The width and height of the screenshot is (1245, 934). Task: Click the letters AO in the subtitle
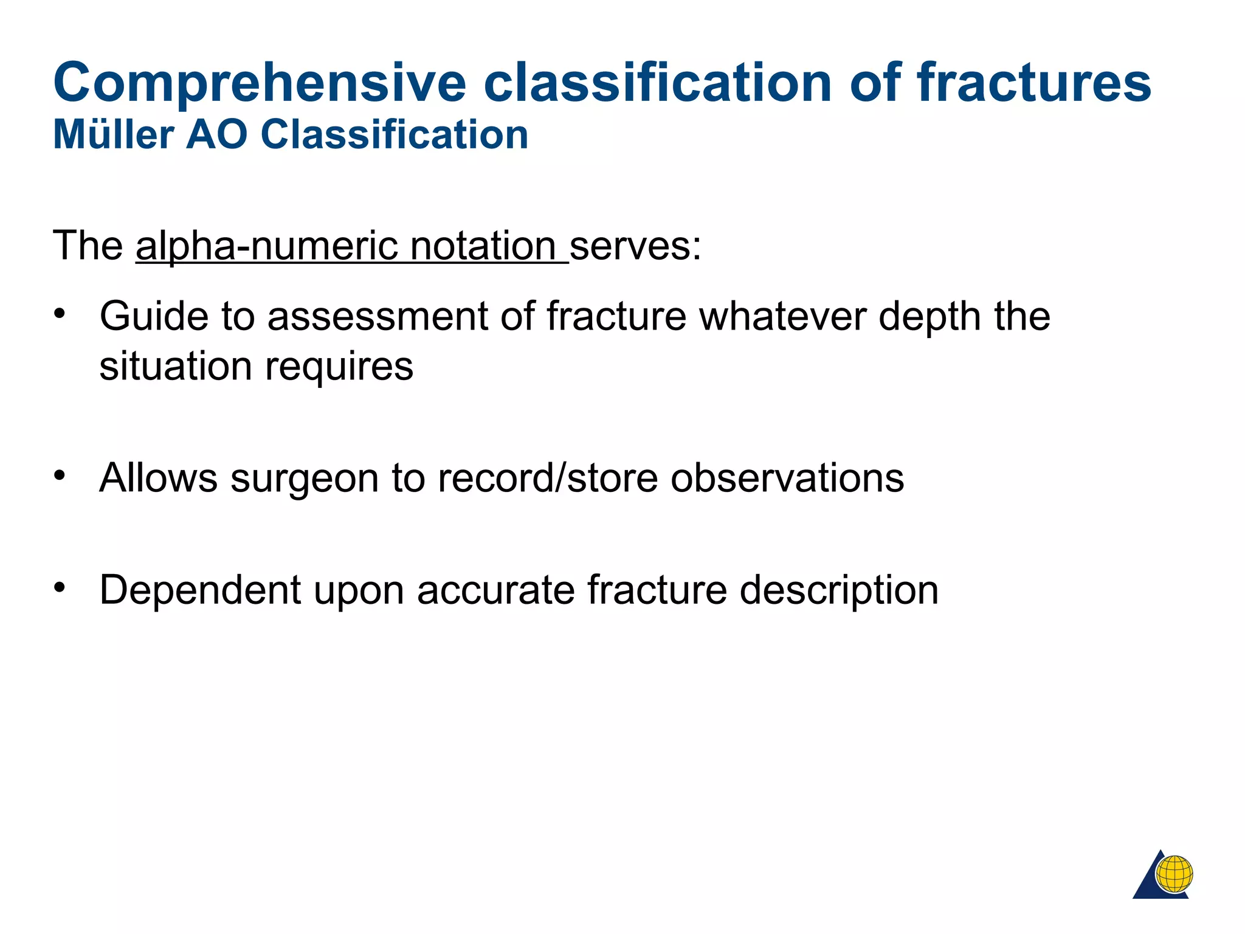tap(216, 134)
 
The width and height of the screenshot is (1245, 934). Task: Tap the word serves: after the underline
tap(635, 246)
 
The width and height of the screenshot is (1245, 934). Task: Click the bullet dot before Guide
tap(59, 314)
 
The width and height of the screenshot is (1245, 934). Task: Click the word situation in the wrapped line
tap(174, 367)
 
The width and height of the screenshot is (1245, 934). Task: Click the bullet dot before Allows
tap(59, 475)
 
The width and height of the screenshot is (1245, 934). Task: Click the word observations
tap(787, 478)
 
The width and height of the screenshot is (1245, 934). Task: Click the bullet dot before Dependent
tap(59, 587)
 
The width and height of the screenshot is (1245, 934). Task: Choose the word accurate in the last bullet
tap(495, 590)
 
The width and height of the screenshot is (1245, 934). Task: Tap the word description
tap(839, 590)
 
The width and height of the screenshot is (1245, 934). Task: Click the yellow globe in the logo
tap(1174, 873)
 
